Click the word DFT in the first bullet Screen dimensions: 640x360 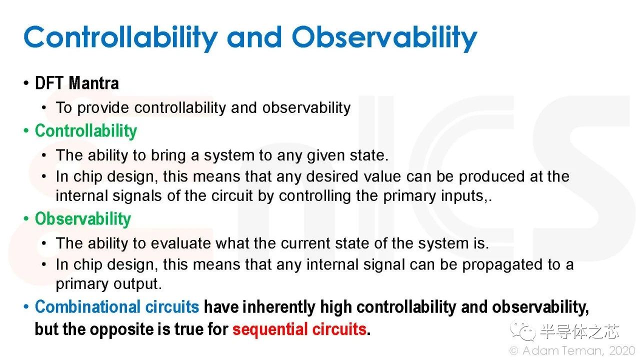pyautogui.click(x=49, y=83)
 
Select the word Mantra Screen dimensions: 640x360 pyautogui.click(x=93, y=83)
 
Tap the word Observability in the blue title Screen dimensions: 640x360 pyautogui.click(x=384, y=38)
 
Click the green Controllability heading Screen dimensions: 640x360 pyautogui.click(x=86, y=131)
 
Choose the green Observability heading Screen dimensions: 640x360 pyautogui.click(x=83, y=219)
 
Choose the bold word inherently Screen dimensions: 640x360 pyautogui.click(x=279, y=307)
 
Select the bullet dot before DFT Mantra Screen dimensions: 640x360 pyautogui.click(x=26, y=83)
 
